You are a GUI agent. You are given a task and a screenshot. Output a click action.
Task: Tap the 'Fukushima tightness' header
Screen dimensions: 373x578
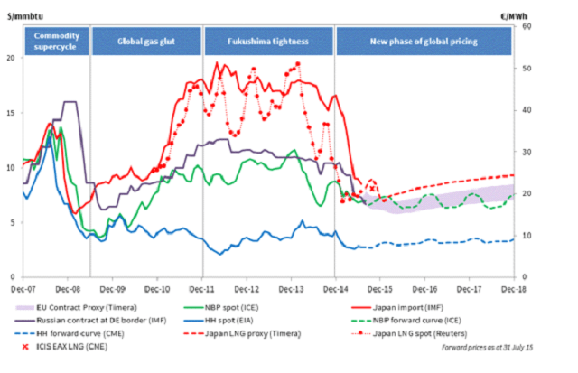point(268,42)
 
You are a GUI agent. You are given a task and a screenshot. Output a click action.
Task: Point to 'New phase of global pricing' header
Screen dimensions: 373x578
point(424,42)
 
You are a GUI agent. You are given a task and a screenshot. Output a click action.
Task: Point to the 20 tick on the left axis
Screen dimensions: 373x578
point(12,58)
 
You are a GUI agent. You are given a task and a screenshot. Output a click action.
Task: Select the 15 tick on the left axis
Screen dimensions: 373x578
point(12,113)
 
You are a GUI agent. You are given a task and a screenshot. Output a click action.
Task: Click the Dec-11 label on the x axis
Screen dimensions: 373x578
point(202,288)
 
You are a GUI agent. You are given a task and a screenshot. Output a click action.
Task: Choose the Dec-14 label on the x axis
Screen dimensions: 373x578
point(335,288)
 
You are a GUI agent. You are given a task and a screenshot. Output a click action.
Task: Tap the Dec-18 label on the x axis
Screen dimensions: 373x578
point(512,288)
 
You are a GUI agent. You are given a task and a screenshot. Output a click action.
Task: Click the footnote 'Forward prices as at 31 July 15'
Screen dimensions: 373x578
point(499,348)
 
